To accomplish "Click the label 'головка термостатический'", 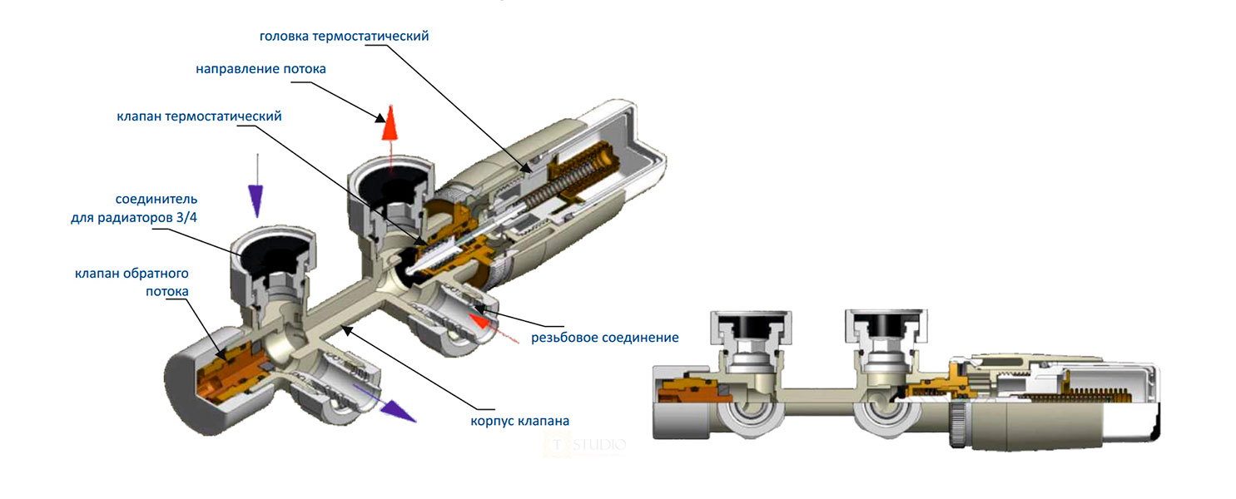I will (x=344, y=37).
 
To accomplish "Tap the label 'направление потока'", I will (x=261, y=69).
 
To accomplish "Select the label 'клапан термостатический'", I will (x=199, y=116).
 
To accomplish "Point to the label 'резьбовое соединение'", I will (x=605, y=338).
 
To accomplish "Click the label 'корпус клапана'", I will (x=519, y=420).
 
